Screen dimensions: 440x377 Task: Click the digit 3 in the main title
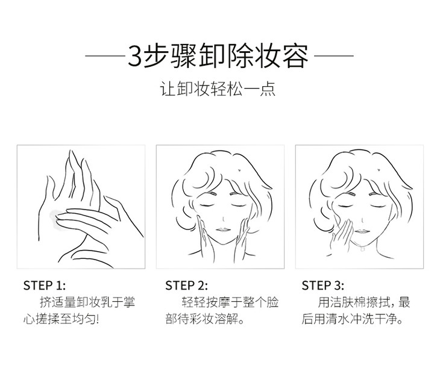click(134, 56)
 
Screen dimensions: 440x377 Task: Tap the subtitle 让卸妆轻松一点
click(218, 89)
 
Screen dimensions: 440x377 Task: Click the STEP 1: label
click(45, 285)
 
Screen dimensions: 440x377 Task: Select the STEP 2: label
click(186, 285)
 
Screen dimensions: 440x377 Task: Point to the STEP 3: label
click(322, 285)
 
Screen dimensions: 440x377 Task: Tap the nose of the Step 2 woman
click(223, 219)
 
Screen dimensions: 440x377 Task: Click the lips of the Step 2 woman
click(223, 230)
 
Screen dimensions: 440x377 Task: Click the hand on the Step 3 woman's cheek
click(342, 235)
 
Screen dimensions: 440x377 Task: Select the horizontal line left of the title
click(105, 55)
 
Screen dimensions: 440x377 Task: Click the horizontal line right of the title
click(334, 55)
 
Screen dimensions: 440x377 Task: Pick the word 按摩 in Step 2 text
click(218, 303)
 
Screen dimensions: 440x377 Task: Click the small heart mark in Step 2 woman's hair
click(239, 169)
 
